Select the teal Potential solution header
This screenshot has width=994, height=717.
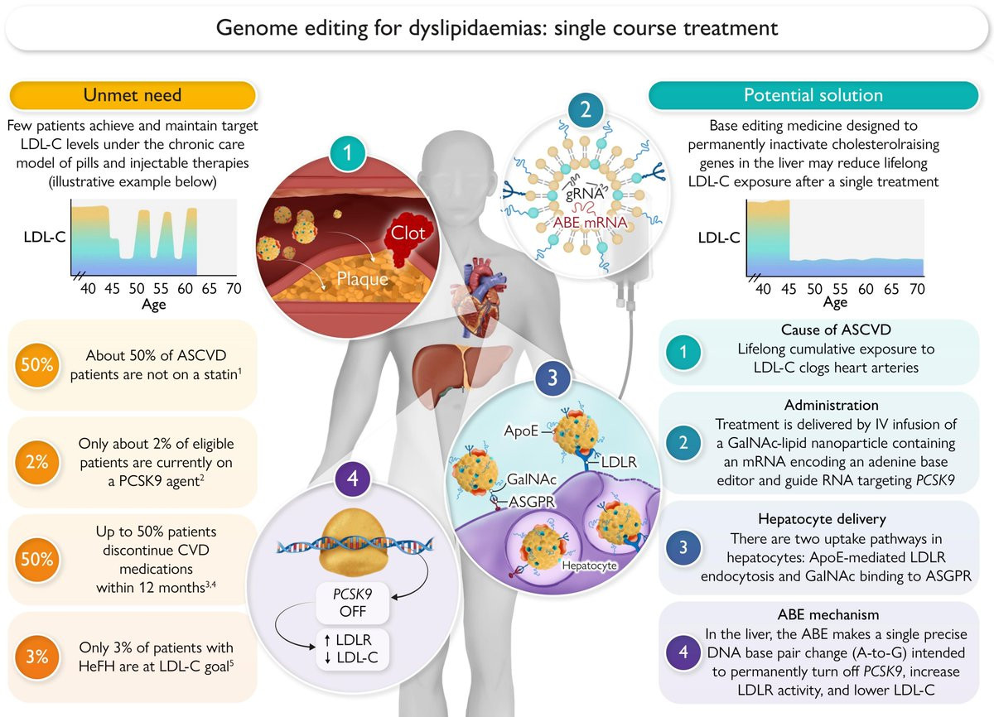813,94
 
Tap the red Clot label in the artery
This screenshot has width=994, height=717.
408,233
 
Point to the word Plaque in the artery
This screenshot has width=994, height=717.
362,278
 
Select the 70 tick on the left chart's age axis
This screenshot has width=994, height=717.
234,289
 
